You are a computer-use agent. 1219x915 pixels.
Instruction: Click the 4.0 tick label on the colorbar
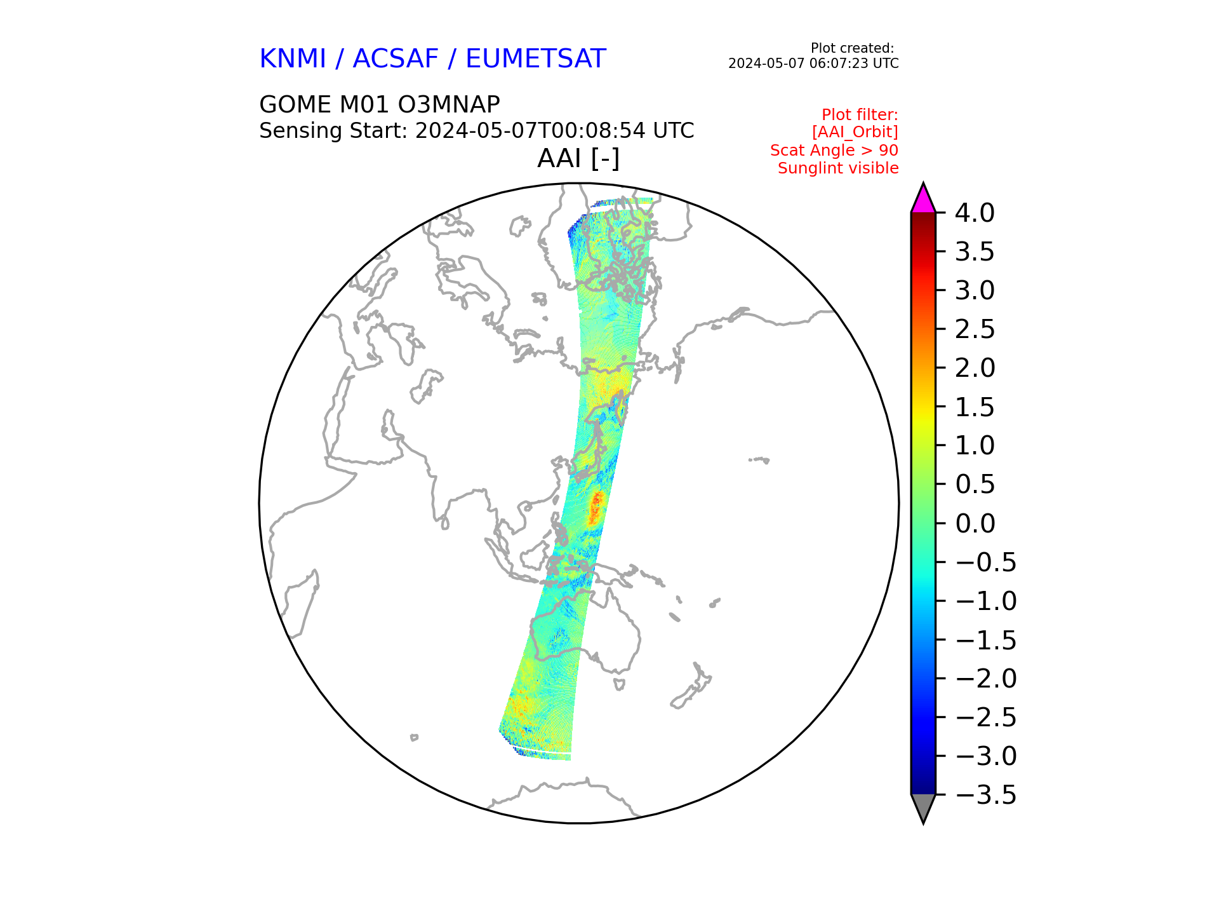tap(975, 213)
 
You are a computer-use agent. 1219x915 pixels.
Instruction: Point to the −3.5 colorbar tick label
tap(986, 795)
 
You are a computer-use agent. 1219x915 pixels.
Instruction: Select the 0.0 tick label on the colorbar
tap(975, 524)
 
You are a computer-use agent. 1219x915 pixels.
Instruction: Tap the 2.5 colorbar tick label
tap(975, 329)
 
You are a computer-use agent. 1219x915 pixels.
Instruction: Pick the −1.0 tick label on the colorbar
tap(986, 601)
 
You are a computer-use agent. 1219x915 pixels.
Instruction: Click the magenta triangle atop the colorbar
tap(923, 200)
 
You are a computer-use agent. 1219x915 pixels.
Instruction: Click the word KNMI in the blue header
tap(293, 59)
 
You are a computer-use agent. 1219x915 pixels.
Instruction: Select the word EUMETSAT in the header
tap(536, 59)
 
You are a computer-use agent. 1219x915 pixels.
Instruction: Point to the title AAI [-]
tap(578, 158)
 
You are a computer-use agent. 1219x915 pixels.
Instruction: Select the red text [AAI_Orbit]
tap(855, 132)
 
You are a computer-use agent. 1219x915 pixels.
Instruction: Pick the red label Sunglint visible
tap(838, 168)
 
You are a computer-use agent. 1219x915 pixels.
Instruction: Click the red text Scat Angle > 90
tap(834, 151)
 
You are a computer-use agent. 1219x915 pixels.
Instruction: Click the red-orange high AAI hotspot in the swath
tap(596, 508)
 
